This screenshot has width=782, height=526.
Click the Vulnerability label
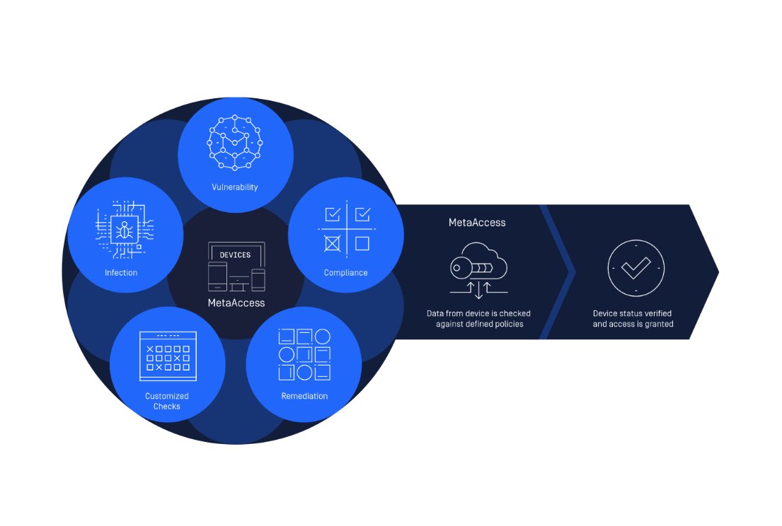tap(234, 187)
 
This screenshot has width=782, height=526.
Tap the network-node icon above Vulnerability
tap(234, 143)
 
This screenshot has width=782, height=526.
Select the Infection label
tap(121, 272)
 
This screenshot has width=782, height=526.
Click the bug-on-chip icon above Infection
tap(125, 228)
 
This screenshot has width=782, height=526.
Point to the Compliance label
tap(345, 272)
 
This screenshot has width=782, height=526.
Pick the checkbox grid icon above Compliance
tap(346, 228)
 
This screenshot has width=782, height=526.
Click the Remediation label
tap(304, 396)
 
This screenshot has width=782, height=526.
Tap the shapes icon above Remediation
tap(304, 354)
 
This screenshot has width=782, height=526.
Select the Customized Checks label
tap(166, 401)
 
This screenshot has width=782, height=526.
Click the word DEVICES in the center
tap(235, 255)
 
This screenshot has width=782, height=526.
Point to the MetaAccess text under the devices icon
tap(236, 303)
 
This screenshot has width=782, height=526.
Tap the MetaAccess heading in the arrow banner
tap(477, 222)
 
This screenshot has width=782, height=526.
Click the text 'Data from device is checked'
tap(478, 313)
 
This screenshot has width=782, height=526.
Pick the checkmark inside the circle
tap(636, 268)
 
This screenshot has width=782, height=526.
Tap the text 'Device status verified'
tap(633, 313)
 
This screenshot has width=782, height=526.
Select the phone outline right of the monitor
tap(258, 280)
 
